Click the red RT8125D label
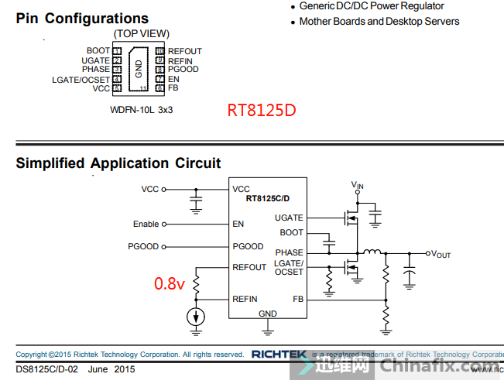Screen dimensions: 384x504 (x=261, y=111)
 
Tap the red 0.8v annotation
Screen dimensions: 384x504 (x=169, y=284)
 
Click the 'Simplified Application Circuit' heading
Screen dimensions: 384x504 (x=118, y=163)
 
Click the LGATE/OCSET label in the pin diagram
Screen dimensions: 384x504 (x=81, y=79)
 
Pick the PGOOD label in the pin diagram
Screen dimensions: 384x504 (x=183, y=70)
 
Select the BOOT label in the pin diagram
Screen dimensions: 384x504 (x=98, y=51)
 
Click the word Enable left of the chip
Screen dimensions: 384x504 (x=146, y=225)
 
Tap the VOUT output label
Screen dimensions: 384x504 (x=441, y=254)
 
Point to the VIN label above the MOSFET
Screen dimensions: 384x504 (x=357, y=185)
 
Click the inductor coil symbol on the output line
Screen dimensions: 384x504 (x=373, y=252)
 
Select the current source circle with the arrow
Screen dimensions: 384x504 (x=197, y=317)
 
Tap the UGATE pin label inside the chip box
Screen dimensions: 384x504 (x=289, y=218)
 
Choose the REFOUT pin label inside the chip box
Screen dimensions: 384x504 (x=249, y=268)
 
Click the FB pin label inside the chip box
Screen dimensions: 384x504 (x=298, y=299)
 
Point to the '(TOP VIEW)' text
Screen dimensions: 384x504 (x=141, y=34)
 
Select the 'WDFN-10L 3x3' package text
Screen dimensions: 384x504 (x=142, y=110)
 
